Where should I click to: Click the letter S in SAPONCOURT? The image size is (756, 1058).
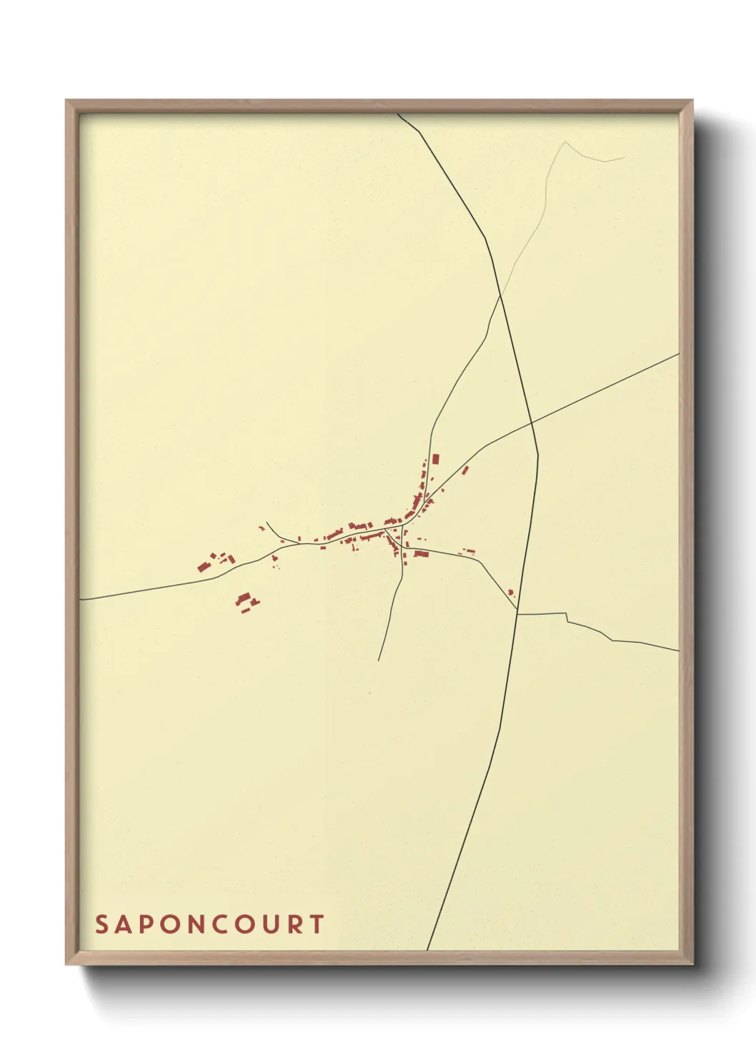(102, 924)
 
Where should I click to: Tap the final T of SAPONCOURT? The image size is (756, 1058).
(317, 924)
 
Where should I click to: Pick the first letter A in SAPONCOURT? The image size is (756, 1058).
(124, 924)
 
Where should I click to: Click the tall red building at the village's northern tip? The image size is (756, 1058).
(436, 460)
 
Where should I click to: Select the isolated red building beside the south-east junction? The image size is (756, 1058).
(510, 592)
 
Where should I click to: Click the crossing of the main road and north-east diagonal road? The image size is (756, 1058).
(532, 423)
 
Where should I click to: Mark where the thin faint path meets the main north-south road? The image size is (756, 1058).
(500, 295)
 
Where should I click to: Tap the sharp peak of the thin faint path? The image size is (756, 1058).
(565, 142)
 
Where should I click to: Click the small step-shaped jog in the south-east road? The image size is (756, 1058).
(567, 618)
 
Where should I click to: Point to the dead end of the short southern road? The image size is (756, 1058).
(378, 660)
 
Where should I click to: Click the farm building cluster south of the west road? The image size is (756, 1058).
(247, 601)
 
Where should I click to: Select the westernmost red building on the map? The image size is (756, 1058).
(202, 567)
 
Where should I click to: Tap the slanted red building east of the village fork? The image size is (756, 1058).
(466, 470)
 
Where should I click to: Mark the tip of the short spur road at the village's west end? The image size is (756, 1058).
(267, 522)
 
